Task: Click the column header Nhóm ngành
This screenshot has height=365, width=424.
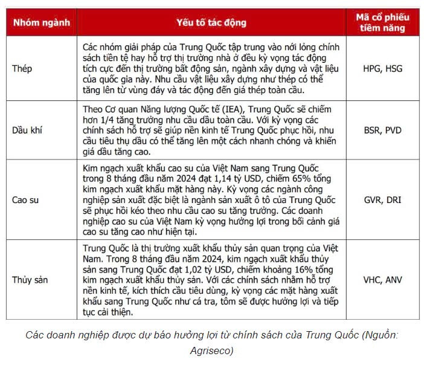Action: pyautogui.click(x=42, y=23)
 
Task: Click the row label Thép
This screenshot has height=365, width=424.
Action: pyautogui.click(x=22, y=68)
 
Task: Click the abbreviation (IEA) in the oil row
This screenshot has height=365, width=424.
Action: pyautogui.click(x=236, y=109)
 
